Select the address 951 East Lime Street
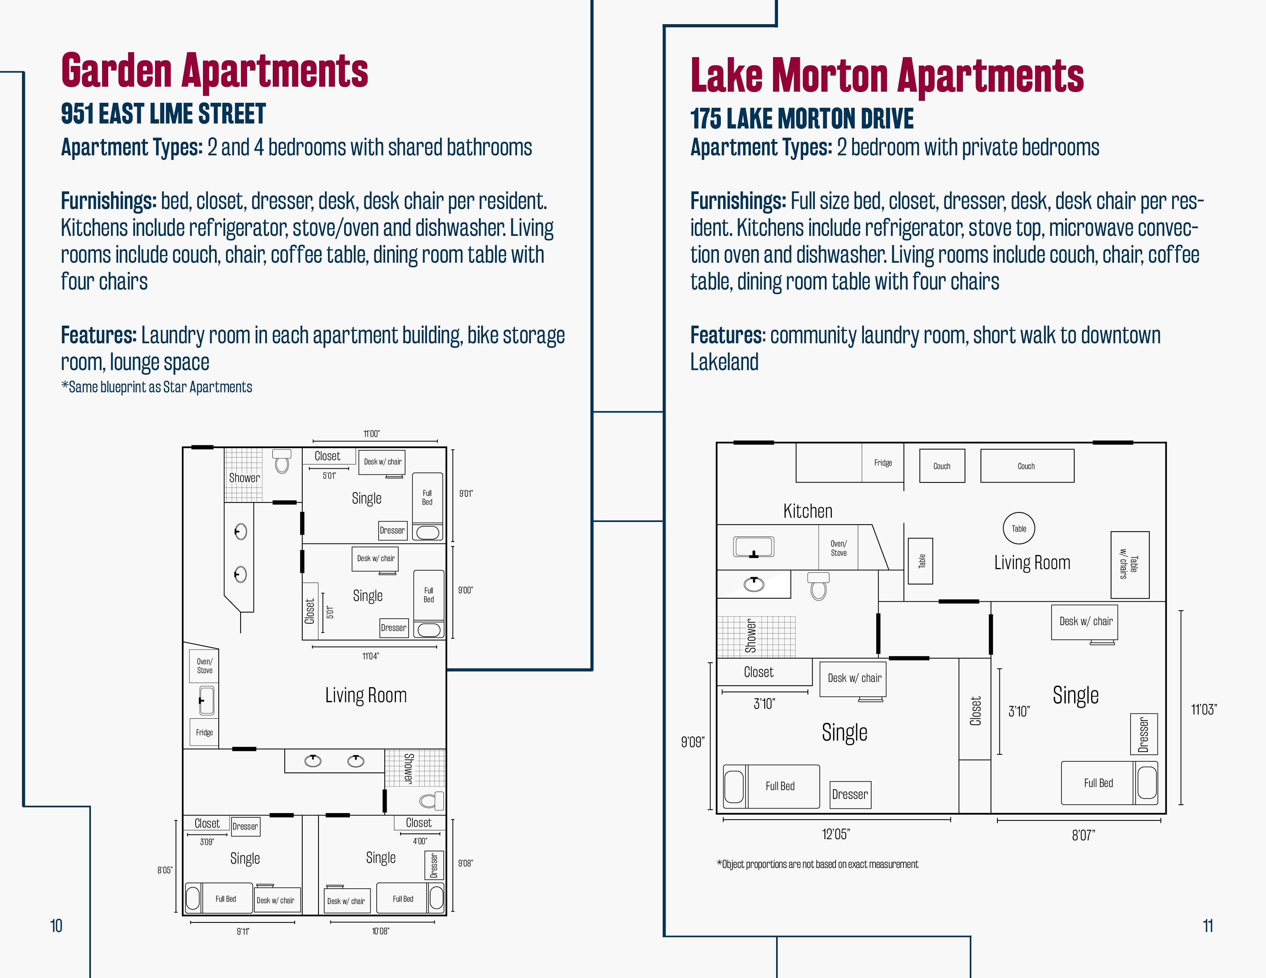point(163,114)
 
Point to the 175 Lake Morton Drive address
point(802,119)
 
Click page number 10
point(56,926)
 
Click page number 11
point(1208,926)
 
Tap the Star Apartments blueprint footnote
point(157,387)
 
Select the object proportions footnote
point(817,864)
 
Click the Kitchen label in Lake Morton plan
point(808,511)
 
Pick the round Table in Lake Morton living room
point(1019,529)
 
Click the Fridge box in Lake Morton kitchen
point(883,463)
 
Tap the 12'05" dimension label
point(836,834)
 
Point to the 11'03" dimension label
point(1204,710)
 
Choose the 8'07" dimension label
point(1083,835)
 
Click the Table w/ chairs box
point(1130,565)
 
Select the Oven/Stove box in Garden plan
point(204,666)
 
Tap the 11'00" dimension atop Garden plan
point(372,433)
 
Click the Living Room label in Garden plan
point(366,695)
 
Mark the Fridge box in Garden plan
point(204,732)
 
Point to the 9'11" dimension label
point(243,932)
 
